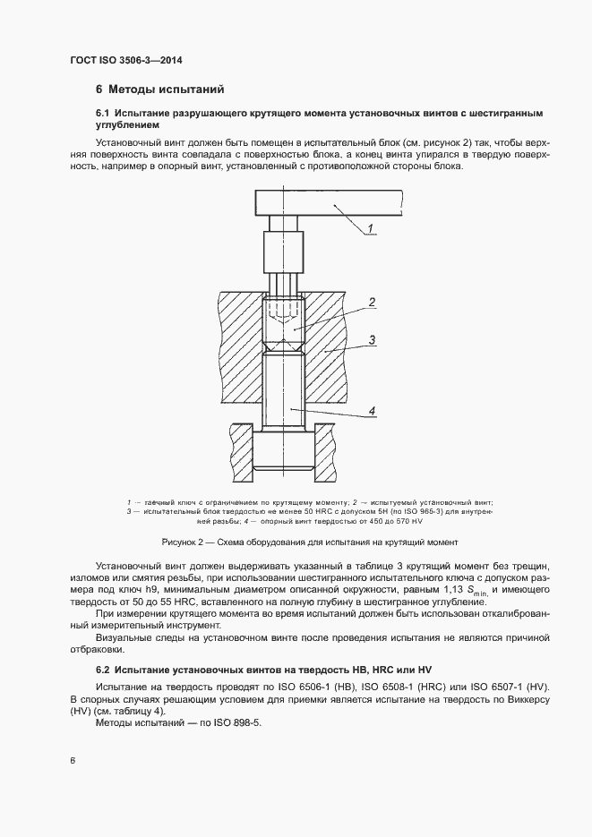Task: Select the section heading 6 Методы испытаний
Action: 159,90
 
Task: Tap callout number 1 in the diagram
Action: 368,230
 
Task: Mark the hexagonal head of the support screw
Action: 284,449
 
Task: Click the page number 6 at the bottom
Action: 73,761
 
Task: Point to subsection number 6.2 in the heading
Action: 102,669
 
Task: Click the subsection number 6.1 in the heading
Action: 102,114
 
